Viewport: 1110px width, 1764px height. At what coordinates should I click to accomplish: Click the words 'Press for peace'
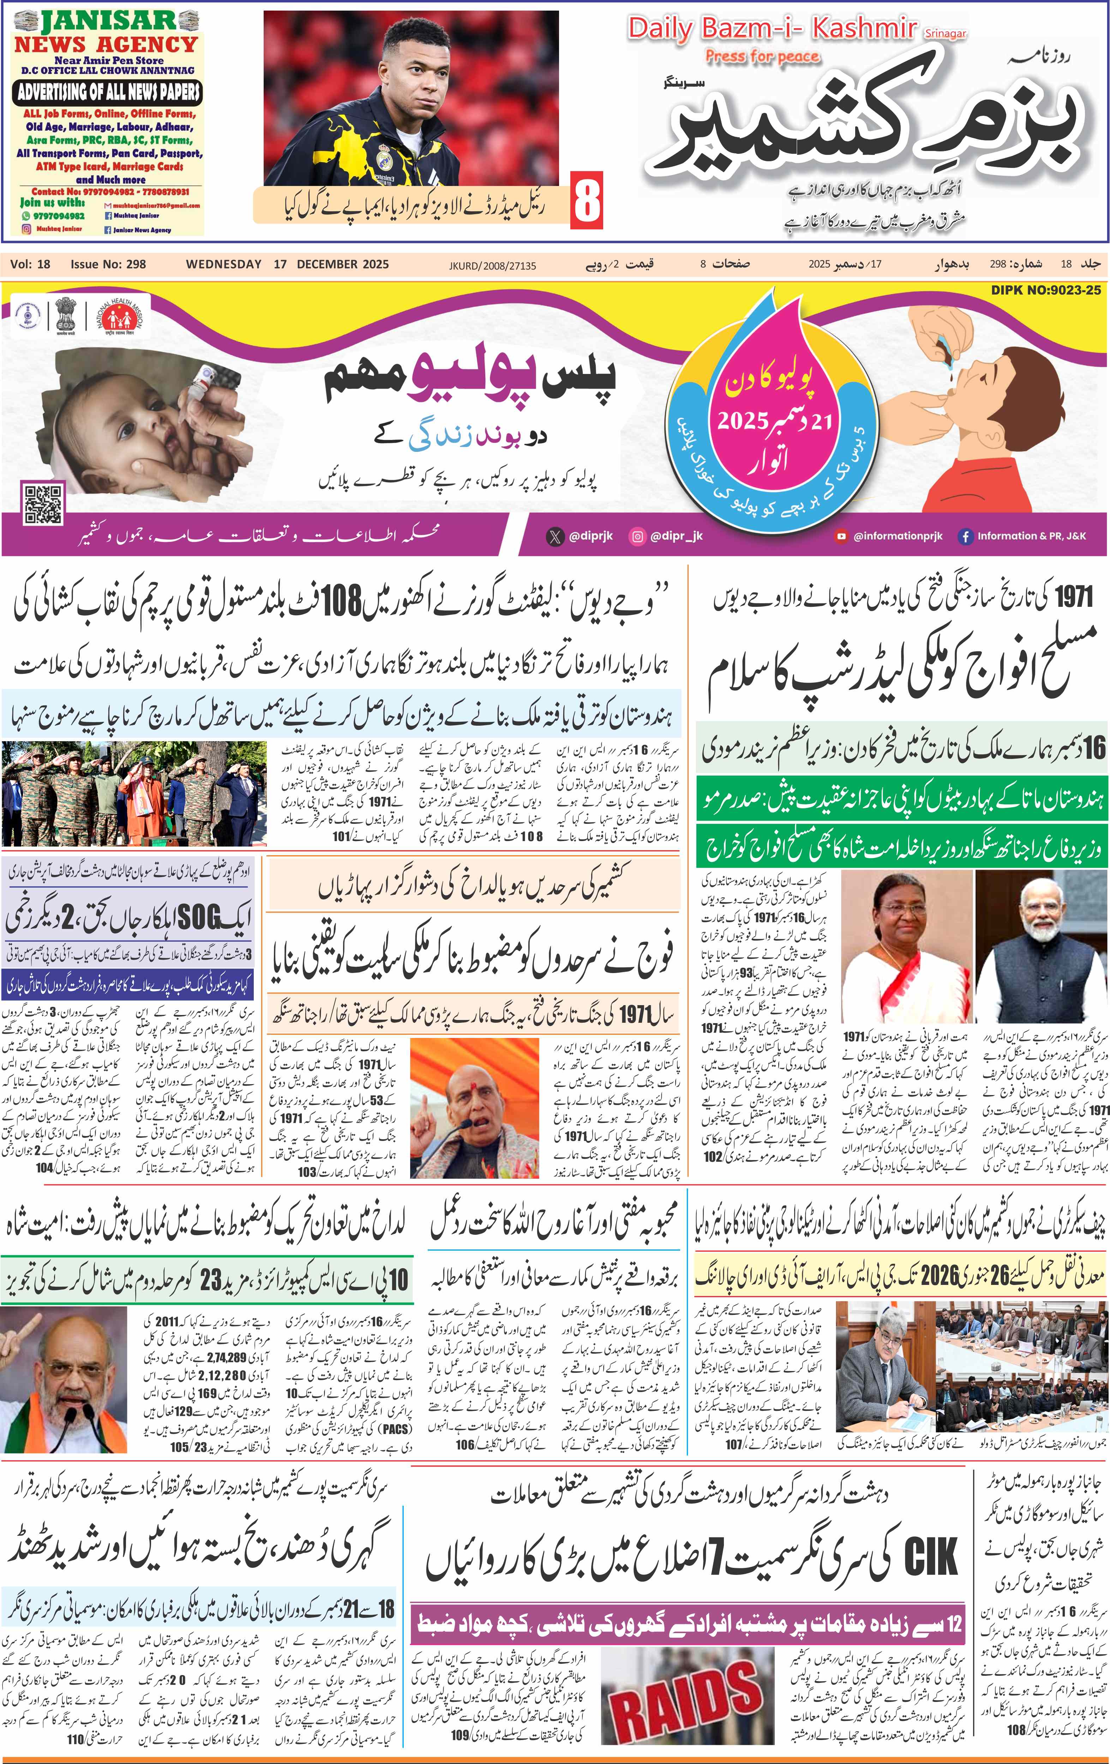[x=762, y=56]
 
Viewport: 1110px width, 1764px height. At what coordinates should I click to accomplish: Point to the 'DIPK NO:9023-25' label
[x=1045, y=290]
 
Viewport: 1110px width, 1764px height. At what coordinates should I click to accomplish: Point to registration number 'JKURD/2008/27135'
[x=492, y=265]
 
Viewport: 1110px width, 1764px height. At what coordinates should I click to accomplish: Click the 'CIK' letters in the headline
[x=930, y=1557]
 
